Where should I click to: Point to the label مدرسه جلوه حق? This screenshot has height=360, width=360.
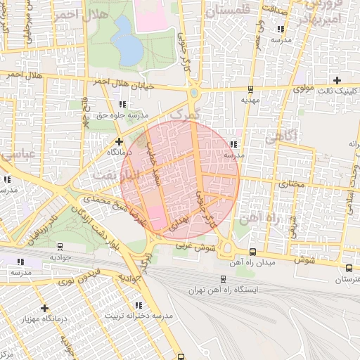click(x=123, y=114)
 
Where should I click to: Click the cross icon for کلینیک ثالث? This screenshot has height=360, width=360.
click(x=337, y=80)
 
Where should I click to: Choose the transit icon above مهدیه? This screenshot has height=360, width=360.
click(x=250, y=89)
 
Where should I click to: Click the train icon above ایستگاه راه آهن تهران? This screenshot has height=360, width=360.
click(x=223, y=278)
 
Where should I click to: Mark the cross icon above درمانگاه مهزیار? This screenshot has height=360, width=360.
click(x=45, y=308)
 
